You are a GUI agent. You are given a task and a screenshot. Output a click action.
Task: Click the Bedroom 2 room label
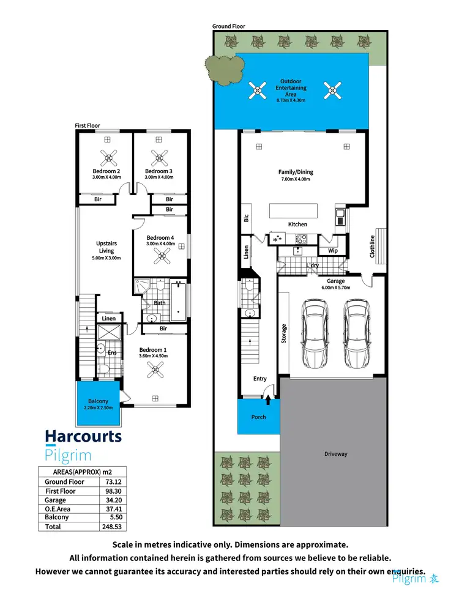click(x=106, y=171)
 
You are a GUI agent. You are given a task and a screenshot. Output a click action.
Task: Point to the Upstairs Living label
click(x=106, y=247)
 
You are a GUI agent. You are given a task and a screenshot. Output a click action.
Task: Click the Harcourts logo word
click(x=83, y=437)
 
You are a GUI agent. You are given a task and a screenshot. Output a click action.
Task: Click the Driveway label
click(x=335, y=454)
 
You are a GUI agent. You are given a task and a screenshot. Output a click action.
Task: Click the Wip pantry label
click(x=333, y=251)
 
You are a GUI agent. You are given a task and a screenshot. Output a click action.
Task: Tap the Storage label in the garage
click(x=284, y=333)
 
